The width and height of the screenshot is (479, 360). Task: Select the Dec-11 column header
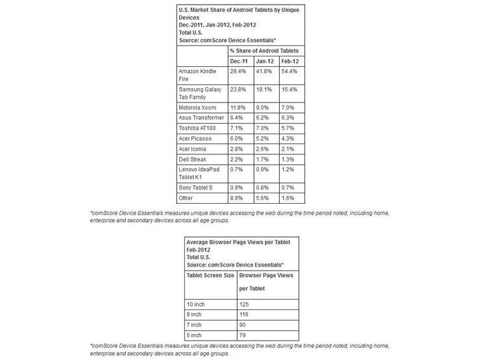(239, 60)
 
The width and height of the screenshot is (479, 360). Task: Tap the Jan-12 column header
(264, 60)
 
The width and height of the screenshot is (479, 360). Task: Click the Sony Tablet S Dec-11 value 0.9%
(238, 187)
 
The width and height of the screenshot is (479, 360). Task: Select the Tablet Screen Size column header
(210, 275)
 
